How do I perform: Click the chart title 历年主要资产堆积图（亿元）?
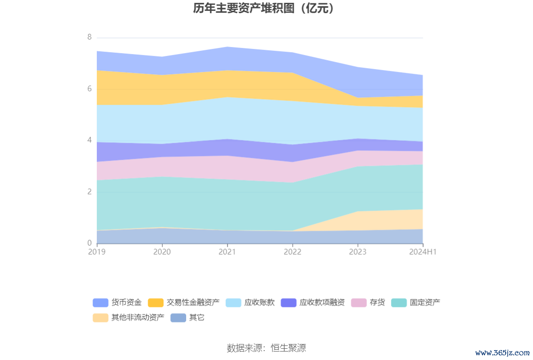click(x=266, y=8)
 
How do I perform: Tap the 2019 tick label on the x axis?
click(x=97, y=252)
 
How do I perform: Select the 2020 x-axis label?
click(x=162, y=252)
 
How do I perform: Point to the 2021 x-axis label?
click(x=227, y=252)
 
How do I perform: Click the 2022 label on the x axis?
click(x=292, y=252)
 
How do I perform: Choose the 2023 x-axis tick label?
click(x=358, y=252)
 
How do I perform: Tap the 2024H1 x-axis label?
click(x=423, y=252)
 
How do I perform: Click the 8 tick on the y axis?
click(x=89, y=37)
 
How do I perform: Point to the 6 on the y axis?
click(x=89, y=89)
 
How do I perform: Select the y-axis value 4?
click(x=89, y=140)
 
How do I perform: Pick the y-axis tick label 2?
click(x=89, y=192)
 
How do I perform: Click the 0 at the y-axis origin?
click(x=89, y=243)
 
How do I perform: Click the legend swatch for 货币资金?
click(x=101, y=303)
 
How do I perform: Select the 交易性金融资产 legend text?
click(x=193, y=303)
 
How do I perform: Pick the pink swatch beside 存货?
click(x=359, y=303)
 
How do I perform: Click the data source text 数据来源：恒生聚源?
click(x=266, y=348)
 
